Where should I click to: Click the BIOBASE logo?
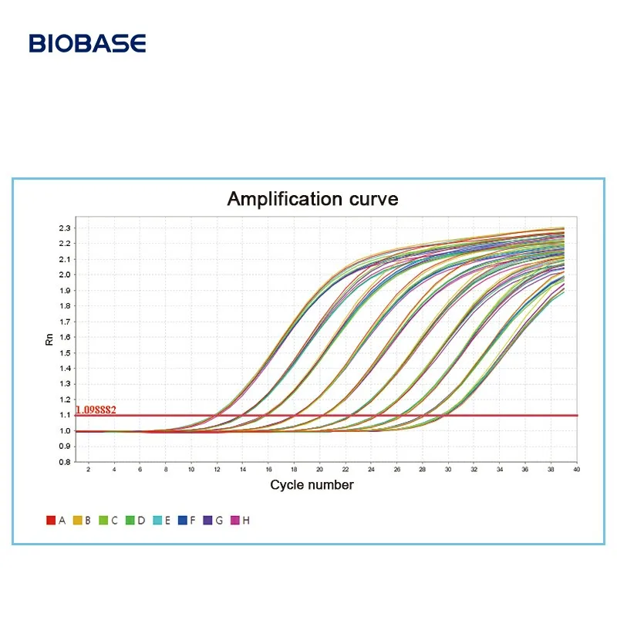pos(87,43)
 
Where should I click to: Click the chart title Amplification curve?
pos(312,199)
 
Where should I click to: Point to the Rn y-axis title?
pos(50,339)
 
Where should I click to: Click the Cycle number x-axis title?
pos(312,485)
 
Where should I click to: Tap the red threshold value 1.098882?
pos(96,410)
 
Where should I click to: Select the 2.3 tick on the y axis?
pos(64,228)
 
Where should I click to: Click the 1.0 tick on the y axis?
pos(64,431)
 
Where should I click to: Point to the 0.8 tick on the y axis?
pos(64,462)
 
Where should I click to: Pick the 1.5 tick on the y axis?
pos(64,353)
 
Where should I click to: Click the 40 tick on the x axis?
pos(576,469)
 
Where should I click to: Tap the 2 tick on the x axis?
pos(88,469)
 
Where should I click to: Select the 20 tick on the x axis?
pos(319,469)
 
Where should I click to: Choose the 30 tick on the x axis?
pos(448,469)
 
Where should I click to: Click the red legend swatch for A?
pos(51,521)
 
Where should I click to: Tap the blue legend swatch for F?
pos(182,521)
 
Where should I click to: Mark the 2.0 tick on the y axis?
pos(64,275)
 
